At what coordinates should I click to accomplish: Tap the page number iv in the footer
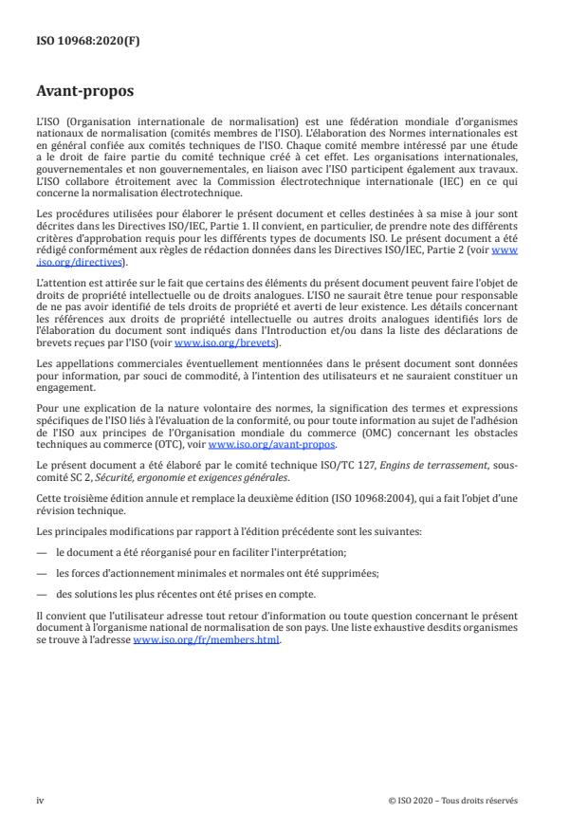(40, 800)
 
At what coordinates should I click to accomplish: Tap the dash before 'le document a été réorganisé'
(42, 551)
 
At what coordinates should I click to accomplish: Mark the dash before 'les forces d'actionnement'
(42, 572)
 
